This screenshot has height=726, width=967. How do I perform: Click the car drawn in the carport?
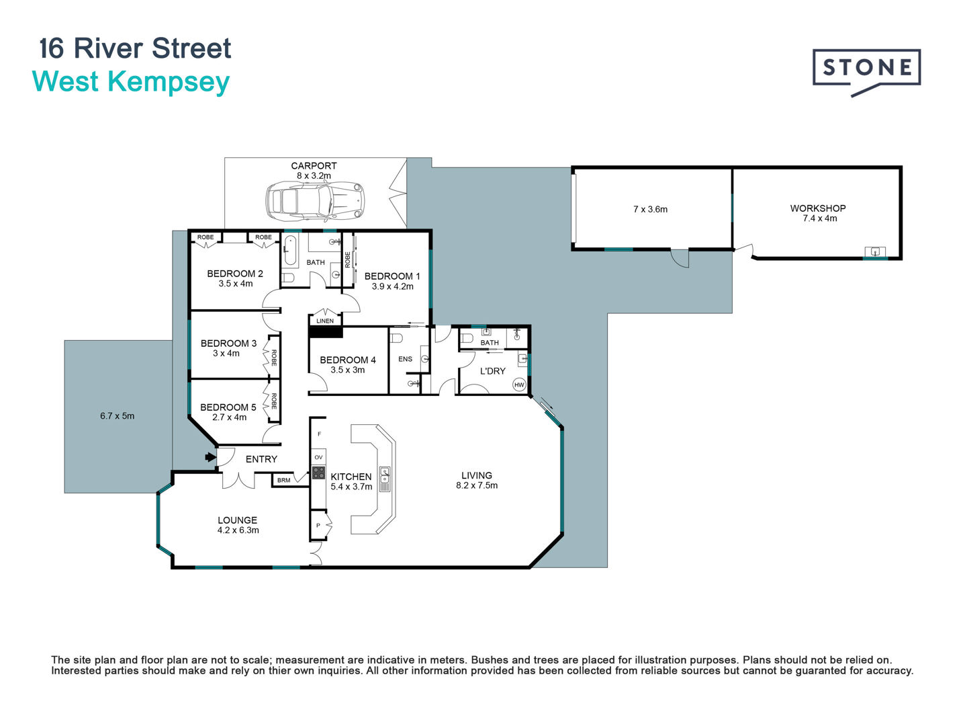pos(314,201)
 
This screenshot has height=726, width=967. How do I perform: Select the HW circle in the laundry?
pos(519,385)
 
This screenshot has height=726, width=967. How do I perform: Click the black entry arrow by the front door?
pos(210,457)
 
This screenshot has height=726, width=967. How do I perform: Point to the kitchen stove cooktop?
pos(318,473)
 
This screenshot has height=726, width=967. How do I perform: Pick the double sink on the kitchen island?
pos(385,479)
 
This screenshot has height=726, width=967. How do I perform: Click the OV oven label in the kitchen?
pos(318,457)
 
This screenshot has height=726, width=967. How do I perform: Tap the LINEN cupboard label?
pos(325,321)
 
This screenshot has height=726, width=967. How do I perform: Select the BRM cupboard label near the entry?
pos(283,480)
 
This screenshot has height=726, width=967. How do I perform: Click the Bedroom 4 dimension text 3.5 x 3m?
pos(348,370)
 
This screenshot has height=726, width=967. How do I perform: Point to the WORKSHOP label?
pos(818,208)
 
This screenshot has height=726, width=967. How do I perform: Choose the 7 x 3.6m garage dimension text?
pos(650,209)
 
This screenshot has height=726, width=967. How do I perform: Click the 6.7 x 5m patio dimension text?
pos(118,415)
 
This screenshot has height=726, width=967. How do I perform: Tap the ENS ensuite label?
pos(406,359)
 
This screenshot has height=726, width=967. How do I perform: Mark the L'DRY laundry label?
pos(492,371)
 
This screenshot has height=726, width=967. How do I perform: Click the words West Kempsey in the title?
pos(131,83)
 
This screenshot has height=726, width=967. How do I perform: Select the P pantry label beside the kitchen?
pos(318,525)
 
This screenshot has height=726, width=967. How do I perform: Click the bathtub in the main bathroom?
pos(290,250)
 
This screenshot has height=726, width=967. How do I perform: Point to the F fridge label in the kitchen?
pos(320,434)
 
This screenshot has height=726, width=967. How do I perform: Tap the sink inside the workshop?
pos(875,251)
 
